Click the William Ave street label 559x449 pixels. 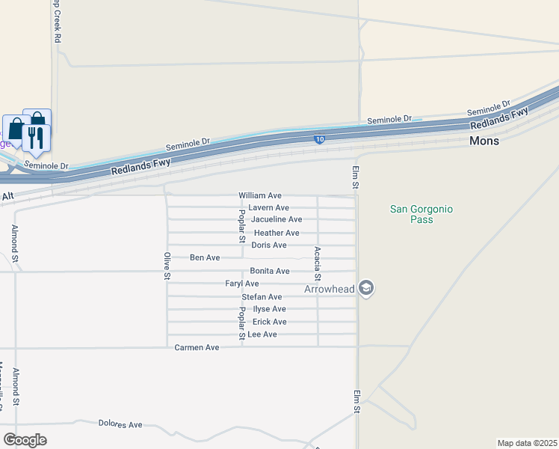click(x=259, y=195)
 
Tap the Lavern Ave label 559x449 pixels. click(x=268, y=207)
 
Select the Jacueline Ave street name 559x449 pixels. click(x=277, y=219)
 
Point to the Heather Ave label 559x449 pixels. click(x=277, y=233)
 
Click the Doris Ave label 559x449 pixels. click(x=269, y=245)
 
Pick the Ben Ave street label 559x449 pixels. click(x=205, y=257)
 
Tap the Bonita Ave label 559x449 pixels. click(x=270, y=271)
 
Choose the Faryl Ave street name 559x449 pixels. click(x=242, y=284)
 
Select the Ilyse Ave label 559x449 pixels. click(x=269, y=309)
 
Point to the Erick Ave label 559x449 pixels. click(x=269, y=322)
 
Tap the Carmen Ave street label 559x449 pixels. click(x=197, y=348)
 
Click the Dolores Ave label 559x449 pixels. click(x=120, y=424)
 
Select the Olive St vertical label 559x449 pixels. click(x=167, y=266)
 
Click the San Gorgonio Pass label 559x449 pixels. click(x=421, y=215)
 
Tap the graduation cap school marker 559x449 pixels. click(x=365, y=288)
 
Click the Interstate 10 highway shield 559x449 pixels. click(x=319, y=139)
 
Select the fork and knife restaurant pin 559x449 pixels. click(x=36, y=138)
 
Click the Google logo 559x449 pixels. click(x=25, y=440)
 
